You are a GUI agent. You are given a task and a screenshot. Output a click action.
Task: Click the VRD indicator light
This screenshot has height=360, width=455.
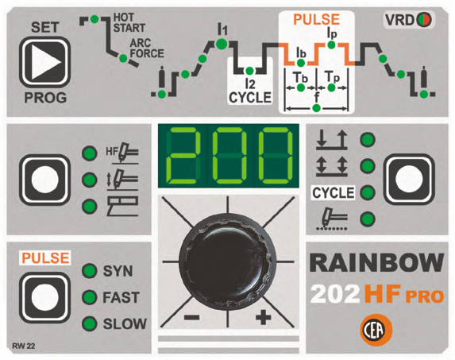pos(424,20)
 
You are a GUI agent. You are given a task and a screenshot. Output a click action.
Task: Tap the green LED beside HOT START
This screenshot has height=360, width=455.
pos(94,19)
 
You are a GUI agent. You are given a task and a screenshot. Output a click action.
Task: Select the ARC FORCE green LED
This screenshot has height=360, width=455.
pos(123,58)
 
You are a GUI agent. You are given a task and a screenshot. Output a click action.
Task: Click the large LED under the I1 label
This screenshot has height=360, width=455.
pos(222,44)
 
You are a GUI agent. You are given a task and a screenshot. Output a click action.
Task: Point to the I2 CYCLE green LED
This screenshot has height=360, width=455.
pos(249,71)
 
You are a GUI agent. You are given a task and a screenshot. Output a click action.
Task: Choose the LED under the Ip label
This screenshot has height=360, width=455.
pos(331,45)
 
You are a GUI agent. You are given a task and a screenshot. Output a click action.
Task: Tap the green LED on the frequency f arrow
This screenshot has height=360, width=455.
pos(317,108)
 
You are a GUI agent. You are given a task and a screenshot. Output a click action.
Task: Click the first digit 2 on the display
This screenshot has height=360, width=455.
pos(182,155)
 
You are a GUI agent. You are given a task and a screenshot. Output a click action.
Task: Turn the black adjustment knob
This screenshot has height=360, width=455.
pos(227,263)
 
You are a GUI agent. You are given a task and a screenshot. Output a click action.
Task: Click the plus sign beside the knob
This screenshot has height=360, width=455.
pos(264,316)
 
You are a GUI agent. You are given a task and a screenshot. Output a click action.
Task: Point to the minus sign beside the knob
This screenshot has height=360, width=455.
pos(191,317)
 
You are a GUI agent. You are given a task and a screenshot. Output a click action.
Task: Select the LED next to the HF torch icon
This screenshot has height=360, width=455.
pos(90,153)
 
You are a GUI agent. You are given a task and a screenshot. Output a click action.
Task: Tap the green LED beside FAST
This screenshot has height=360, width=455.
pos(89,297)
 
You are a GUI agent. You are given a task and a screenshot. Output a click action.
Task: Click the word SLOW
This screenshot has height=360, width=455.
pos(125,323)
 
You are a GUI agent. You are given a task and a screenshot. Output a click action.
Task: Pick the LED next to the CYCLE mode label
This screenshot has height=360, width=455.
pos(368,192)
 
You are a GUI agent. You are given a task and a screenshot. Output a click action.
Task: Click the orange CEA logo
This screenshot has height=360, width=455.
pos(376,330)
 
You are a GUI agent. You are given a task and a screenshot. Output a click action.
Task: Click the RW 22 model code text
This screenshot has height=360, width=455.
pos(24,346)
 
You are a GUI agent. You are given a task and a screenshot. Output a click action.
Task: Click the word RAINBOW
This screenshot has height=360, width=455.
pos(377,262)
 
